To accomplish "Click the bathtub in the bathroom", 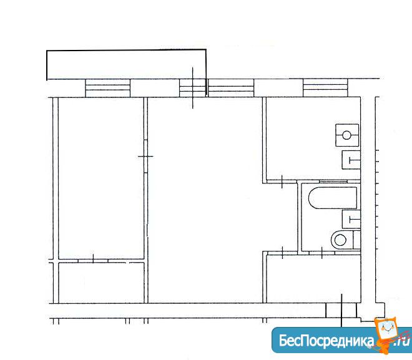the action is [x=333, y=198].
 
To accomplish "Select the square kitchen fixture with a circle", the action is [x=347, y=135].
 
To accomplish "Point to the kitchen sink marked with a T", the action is [x=351, y=160].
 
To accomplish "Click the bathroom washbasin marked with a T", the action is [x=351, y=219].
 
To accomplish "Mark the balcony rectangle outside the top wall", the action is [x=126, y=64].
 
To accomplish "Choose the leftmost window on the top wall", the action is [x=108, y=88].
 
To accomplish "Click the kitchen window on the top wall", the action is [x=325, y=88].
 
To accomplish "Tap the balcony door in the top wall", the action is [x=193, y=88].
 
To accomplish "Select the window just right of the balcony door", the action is [x=231, y=88].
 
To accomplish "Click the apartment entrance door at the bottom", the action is [x=341, y=311].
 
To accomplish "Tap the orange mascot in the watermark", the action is [x=387, y=333].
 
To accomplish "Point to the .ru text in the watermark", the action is [x=401, y=341].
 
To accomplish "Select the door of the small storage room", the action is [x=93, y=261].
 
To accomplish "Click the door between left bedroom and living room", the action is [x=145, y=156].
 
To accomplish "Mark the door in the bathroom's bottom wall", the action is [x=322, y=253].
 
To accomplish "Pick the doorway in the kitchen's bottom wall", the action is [x=282, y=182].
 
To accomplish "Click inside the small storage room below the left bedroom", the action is [x=101, y=283].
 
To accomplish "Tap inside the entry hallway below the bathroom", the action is [x=313, y=278].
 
